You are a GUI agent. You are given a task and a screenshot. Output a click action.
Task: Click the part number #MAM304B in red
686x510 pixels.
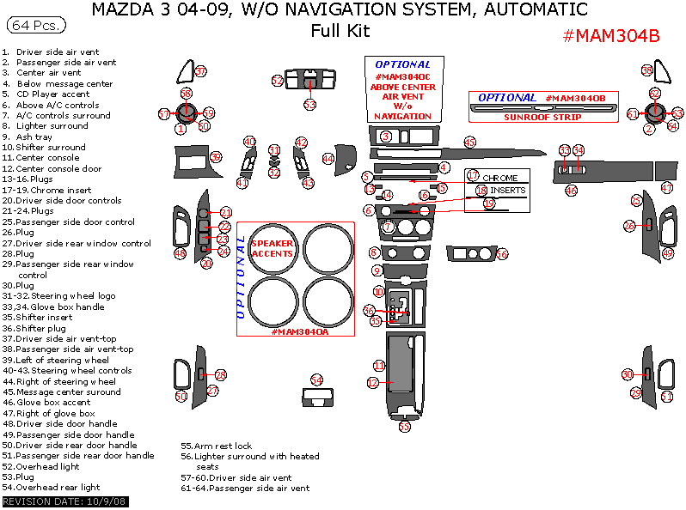(611, 36)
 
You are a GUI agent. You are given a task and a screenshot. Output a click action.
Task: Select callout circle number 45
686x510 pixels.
(469, 142)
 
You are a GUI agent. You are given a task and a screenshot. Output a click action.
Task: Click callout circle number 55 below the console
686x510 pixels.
(404, 426)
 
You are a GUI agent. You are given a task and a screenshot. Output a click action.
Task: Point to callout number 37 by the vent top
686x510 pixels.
(200, 71)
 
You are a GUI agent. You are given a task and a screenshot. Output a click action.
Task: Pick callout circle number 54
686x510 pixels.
(316, 380)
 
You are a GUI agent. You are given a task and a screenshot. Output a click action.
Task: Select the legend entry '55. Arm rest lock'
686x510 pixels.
(216, 446)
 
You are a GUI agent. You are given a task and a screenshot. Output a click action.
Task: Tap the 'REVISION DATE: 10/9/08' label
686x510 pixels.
(65, 501)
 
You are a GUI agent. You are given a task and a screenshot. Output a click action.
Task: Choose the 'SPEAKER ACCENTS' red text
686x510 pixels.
(272, 249)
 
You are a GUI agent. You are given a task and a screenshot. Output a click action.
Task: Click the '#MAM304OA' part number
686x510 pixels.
(300, 331)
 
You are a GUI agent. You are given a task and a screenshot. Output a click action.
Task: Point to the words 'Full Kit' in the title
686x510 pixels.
(340, 31)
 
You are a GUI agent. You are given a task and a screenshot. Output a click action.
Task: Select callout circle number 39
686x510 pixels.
(216, 157)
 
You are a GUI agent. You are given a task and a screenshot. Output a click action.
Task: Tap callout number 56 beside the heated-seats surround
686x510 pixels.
(502, 254)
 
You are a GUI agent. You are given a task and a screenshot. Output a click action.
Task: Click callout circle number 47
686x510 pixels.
(667, 187)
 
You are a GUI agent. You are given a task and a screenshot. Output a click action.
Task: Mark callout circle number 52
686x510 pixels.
(278, 80)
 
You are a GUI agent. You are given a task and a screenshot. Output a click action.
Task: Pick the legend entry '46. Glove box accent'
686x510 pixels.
(47, 402)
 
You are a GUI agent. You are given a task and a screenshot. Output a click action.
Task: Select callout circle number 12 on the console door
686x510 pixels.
(373, 383)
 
